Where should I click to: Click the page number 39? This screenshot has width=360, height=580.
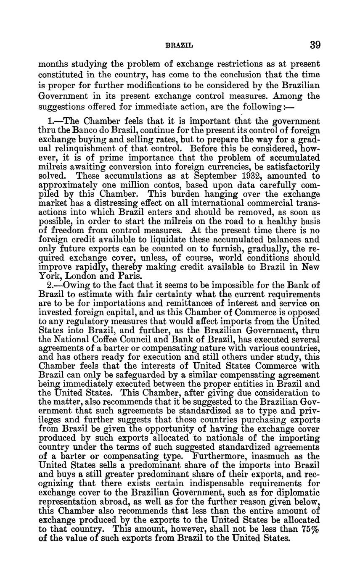tap(315, 45)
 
